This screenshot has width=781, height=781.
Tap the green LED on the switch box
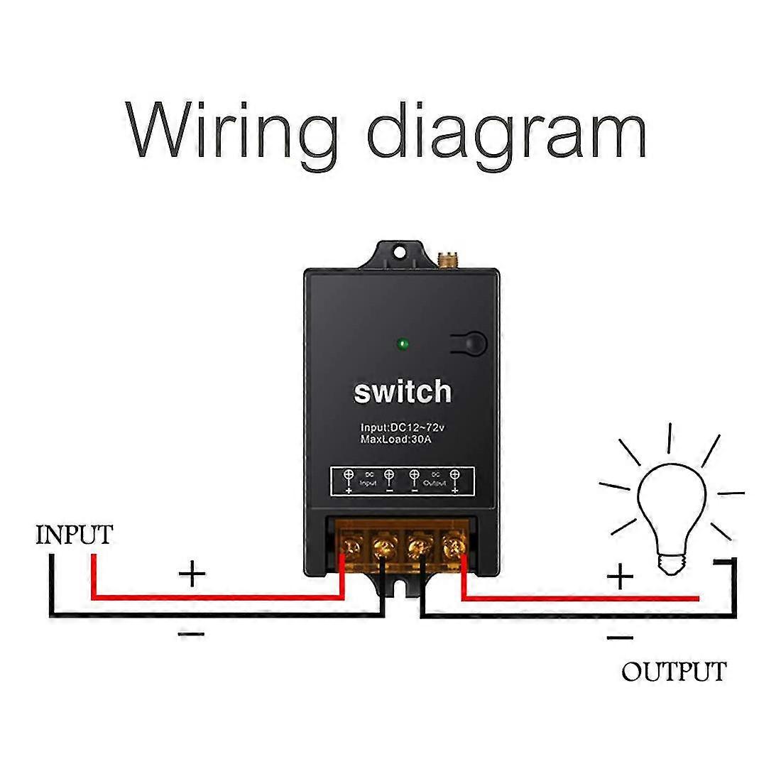(403, 346)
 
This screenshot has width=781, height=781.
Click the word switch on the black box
(403, 391)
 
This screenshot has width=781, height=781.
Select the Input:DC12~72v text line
(401, 428)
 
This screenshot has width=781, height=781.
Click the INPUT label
(74, 535)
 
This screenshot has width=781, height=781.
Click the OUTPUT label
(674, 671)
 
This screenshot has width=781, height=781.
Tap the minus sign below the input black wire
(192, 633)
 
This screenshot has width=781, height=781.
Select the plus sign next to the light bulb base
(621, 577)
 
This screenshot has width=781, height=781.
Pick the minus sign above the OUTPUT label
(621, 638)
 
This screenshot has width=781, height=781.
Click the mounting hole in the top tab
(403, 251)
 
